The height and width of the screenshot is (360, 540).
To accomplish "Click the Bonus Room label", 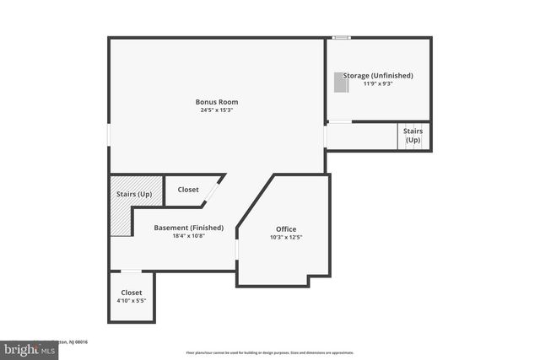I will [x=216, y=102].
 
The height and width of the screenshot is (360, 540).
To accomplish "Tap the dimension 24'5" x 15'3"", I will [x=216, y=110].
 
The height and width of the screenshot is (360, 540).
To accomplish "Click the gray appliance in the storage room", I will [x=340, y=82].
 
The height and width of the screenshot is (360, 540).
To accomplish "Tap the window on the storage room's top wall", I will [x=341, y=37].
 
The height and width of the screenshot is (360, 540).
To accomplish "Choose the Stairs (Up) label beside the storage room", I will [x=413, y=135].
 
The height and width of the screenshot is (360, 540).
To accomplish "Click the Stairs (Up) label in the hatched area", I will [x=133, y=195].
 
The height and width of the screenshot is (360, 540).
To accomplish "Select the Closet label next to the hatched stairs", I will [x=188, y=190].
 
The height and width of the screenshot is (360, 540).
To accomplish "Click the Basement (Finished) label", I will [x=189, y=228].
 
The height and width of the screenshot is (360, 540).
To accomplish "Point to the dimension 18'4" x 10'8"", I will [x=189, y=236].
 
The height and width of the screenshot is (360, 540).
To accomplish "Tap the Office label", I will [x=286, y=229].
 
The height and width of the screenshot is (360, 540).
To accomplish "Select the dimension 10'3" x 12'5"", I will [x=286, y=238].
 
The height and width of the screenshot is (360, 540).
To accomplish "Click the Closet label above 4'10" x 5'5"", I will [x=131, y=292].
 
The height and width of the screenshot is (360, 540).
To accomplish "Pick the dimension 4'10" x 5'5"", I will [x=131, y=300].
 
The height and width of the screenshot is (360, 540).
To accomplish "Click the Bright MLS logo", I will [x=30, y=349].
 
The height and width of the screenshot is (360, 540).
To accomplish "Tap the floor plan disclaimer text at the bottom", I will [x=269, y=352].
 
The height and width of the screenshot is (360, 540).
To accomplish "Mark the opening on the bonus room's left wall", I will [x=109, y=135].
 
